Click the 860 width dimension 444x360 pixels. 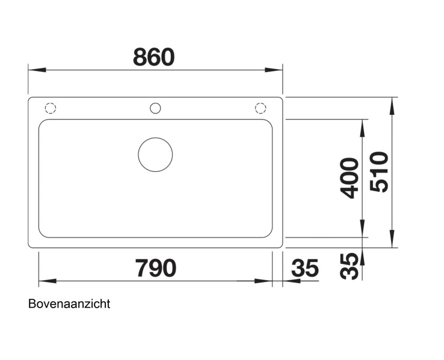(153, 57)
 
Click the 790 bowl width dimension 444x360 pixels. (155, 268)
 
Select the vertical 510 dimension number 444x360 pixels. (380, 172)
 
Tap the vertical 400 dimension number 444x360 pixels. (349, 178)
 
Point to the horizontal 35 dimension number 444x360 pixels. (304, 268)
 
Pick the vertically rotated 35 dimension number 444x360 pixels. (349, 265)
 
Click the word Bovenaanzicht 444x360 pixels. (69, 304)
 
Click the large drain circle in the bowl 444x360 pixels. (155, 154)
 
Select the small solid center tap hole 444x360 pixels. (155, 108)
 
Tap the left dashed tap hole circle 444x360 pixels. (51, 108)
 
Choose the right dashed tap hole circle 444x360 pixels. (260, 108)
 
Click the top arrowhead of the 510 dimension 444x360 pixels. (392, 106)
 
